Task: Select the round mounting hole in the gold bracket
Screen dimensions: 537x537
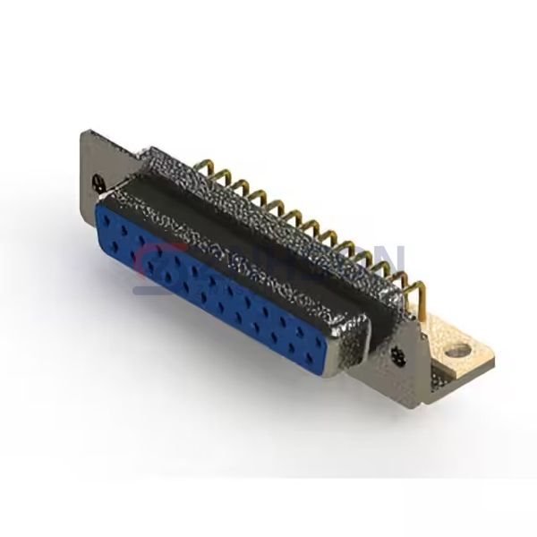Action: pos(458,350)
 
